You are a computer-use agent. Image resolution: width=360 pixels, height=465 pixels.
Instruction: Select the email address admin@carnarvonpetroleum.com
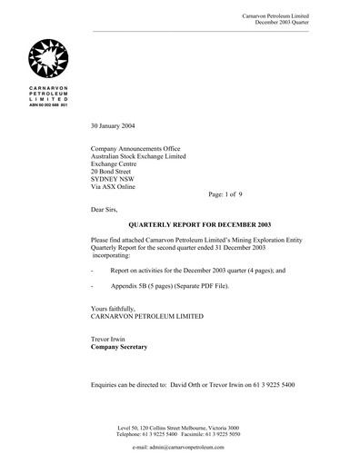point(192,449)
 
